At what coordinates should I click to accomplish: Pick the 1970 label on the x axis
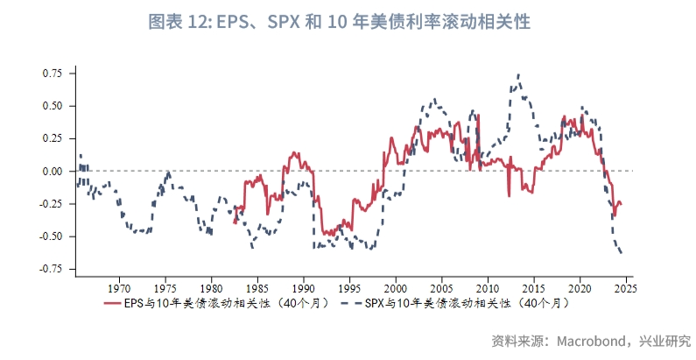(x=119, y=287)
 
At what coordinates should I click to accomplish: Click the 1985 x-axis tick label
(x=257, y=287)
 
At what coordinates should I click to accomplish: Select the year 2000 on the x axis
(x=396, y=287)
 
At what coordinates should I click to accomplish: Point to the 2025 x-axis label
(x=625, y=287)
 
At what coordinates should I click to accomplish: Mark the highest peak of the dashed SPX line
(x=519, y=75)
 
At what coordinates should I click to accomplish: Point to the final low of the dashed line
(x=622, y=254)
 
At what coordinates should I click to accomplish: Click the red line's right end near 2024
(x=622, y=205)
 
